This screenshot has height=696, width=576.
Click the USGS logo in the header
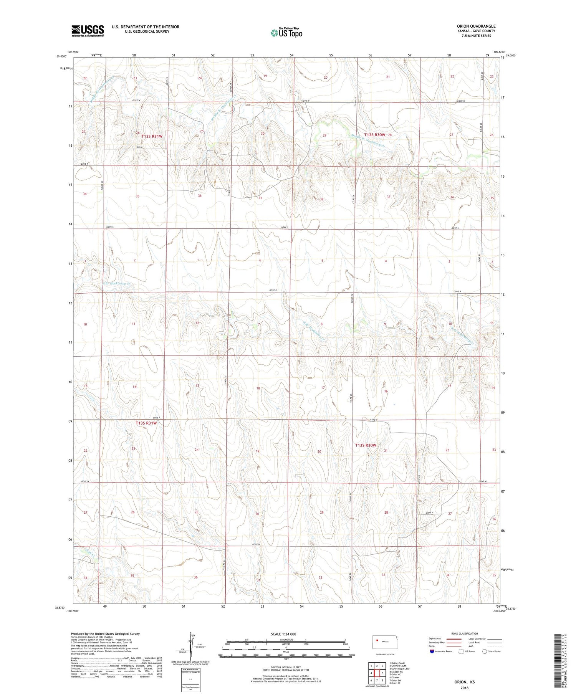(x=88, y=31)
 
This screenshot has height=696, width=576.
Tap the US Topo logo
(x=286, y=33)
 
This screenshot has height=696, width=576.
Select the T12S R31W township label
(x=152, y=136)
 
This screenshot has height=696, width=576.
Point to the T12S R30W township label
(x=374, y=135)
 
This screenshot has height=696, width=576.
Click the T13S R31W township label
(x=146, y=423)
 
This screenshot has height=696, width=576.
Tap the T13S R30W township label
(x=365, y=445)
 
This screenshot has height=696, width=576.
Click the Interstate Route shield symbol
(x=432, y=651)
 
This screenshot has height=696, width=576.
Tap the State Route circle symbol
(x=485, y=651)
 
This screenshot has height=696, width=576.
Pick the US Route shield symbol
(x=461, y=651)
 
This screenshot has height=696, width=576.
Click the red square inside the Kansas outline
(x=378, y=640)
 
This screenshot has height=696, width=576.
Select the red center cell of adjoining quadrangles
(x=377, y=673)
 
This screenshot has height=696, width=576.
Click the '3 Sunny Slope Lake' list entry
(x=399, y=669)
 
